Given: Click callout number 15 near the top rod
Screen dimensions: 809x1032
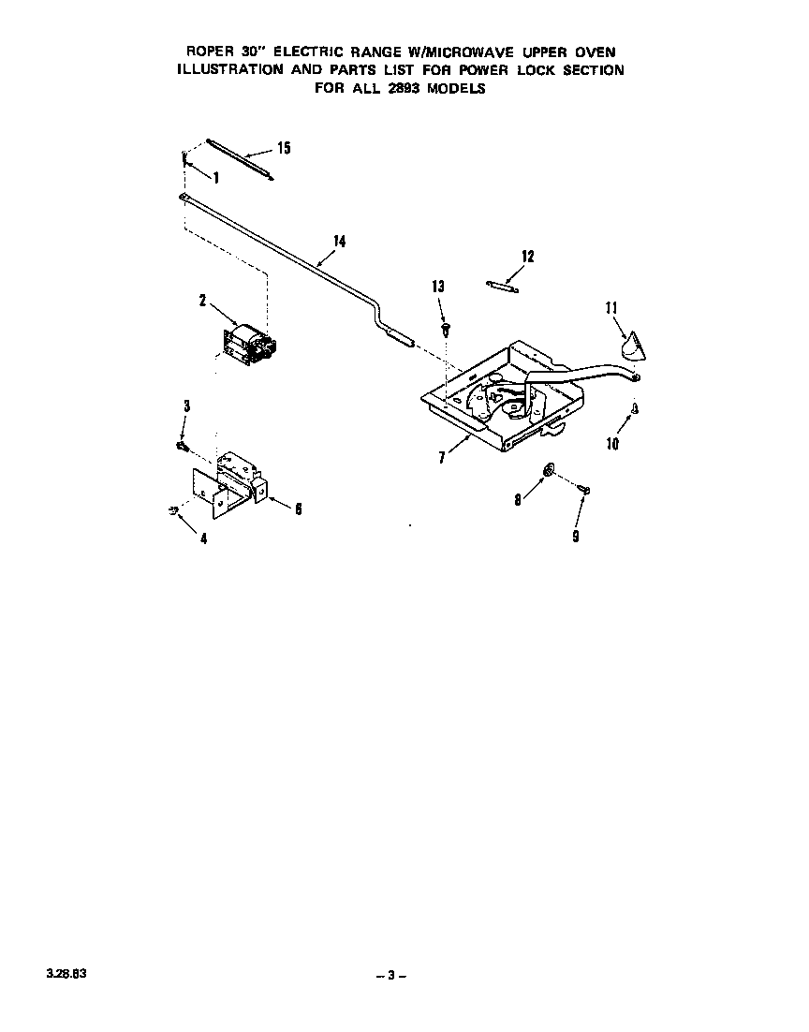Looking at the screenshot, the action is [x=284, y=148].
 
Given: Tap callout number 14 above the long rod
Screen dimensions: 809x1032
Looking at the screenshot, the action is [x=340, y=242].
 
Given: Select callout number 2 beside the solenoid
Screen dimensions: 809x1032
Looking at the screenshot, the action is [x=203, y=301].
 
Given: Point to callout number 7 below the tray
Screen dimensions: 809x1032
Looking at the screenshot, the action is [x=442, y=456].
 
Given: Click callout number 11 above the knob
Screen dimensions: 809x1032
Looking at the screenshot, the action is [x=611, y=308].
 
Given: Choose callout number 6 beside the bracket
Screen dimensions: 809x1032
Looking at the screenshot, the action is [x=298, y=509].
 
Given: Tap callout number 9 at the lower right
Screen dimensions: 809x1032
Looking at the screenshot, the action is [x=576, y=537].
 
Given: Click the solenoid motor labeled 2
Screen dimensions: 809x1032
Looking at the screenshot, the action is [x=252, y=344].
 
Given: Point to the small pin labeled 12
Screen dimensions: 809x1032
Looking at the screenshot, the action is [x=503, y=287].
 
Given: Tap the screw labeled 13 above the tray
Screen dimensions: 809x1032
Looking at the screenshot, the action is [x=446, y=329].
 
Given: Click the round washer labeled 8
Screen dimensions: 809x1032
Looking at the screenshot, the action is [x=548, y=470].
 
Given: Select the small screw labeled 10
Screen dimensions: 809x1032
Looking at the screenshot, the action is [x=635, y=408].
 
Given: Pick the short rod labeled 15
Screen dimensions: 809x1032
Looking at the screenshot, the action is [x=240, y=158].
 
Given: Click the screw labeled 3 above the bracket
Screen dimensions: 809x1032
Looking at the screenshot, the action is [x=183, y=447].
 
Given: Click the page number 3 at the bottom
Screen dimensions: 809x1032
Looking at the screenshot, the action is [x=390, y=976].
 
